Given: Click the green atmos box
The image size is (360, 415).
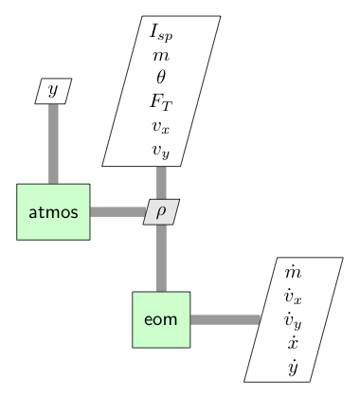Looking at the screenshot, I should [54, 211].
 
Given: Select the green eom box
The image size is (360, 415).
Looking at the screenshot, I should [161, 319].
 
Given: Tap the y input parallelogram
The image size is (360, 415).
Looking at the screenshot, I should [53, 91].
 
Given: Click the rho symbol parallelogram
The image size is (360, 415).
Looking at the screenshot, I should [161, 211].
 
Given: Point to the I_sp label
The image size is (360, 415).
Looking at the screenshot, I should [161, 31].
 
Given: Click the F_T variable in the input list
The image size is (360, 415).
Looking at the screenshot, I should [161, 100].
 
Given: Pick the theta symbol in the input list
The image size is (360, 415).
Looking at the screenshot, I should [161, 78].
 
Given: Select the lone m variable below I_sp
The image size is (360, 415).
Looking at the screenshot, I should [161, 55].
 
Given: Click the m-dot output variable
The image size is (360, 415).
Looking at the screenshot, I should [293, 273].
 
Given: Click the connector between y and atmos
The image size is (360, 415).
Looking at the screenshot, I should [53, 142].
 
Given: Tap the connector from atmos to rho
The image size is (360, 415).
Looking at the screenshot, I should [117, 211].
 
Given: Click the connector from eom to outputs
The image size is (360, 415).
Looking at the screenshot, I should [225, 319].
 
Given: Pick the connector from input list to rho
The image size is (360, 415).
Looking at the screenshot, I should [161, 181].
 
